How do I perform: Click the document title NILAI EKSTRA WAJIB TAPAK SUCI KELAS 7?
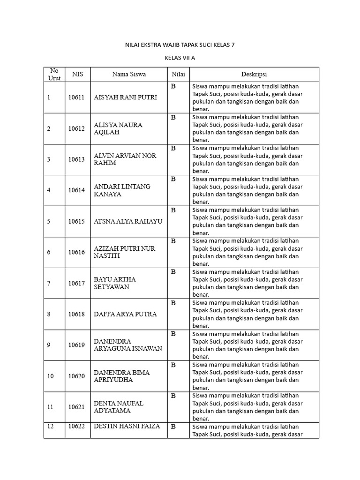click(180, 45)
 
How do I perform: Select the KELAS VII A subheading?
click(180, 59)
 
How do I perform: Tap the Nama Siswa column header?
click(129, 74)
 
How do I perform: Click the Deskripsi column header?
click(254, 74)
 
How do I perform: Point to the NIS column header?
click(77, 74)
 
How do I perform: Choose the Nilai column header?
click(178, 74)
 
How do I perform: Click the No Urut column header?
click(54, 74)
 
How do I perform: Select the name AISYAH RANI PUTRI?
click(125, 97)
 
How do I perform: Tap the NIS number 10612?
click(76, 128)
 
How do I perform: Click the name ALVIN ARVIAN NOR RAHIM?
click(125, 159)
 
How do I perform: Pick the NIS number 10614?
click(76, 190)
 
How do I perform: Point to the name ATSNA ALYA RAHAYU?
click(128, 221)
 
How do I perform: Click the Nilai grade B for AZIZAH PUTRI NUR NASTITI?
click(173, 241)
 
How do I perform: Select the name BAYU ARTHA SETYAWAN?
click(114, 283)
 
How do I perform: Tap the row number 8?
click(48, 314)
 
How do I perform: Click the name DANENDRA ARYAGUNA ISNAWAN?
click(127, 345)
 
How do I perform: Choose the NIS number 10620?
click(76, 376)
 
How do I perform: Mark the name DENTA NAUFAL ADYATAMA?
click(119, 407)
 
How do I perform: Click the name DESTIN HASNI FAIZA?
click(127, 427)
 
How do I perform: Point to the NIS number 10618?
click(76, 314)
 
